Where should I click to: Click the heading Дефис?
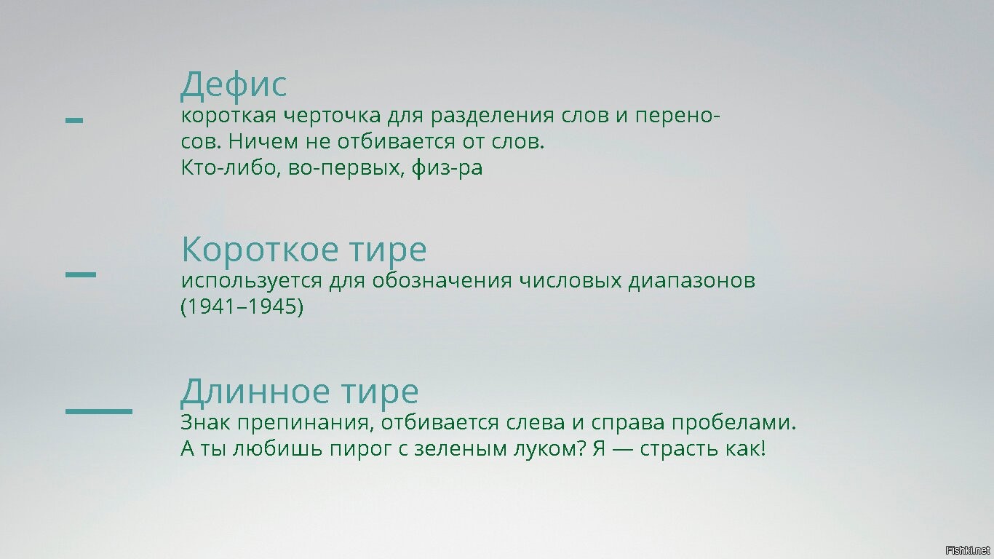[234, 85]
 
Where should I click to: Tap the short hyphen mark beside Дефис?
[74, 120]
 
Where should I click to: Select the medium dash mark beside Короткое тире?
[81, 274]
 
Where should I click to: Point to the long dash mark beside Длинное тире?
[99, 411]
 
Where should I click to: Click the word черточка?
[332, 116]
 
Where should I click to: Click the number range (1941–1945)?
[242, 307]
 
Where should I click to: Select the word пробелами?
[733, 422]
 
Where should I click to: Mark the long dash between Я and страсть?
[622, 449]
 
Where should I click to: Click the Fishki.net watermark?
[967, 550]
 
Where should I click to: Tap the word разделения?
[492, 116]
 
